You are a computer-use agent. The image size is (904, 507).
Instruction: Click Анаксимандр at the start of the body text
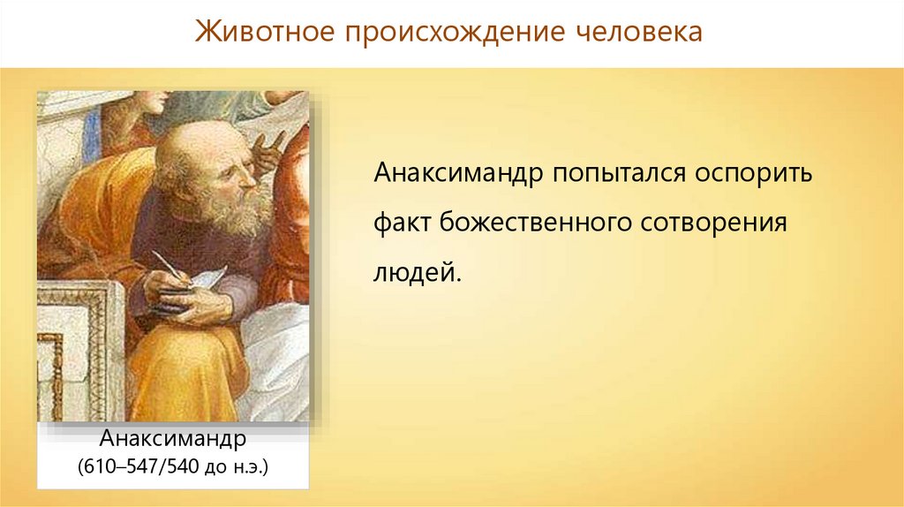pos(458,173)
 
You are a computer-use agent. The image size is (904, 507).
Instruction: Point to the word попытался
pos(619,172)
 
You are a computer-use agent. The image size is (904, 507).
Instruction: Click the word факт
pos(403,223)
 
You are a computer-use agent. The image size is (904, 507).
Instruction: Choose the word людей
pos(418,272)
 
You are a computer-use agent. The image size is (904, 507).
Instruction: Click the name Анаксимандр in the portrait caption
pos(173,439)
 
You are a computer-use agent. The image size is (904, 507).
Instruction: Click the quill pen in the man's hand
pos(171,267)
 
